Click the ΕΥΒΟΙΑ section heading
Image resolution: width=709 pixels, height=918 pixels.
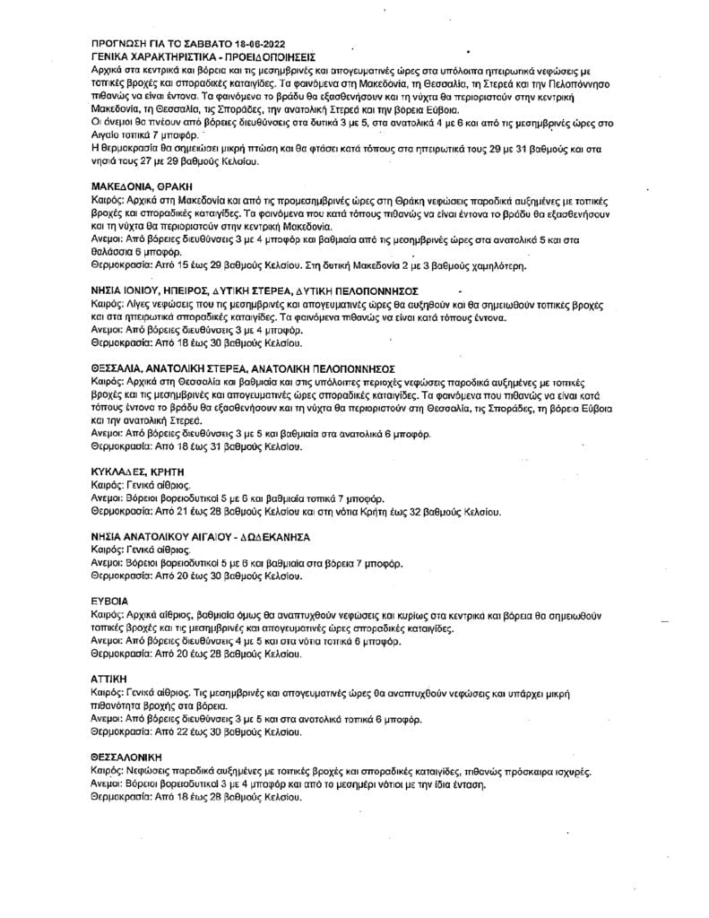(x=109, y=600)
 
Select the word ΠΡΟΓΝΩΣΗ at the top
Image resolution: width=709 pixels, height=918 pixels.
(x=121, y=43)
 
